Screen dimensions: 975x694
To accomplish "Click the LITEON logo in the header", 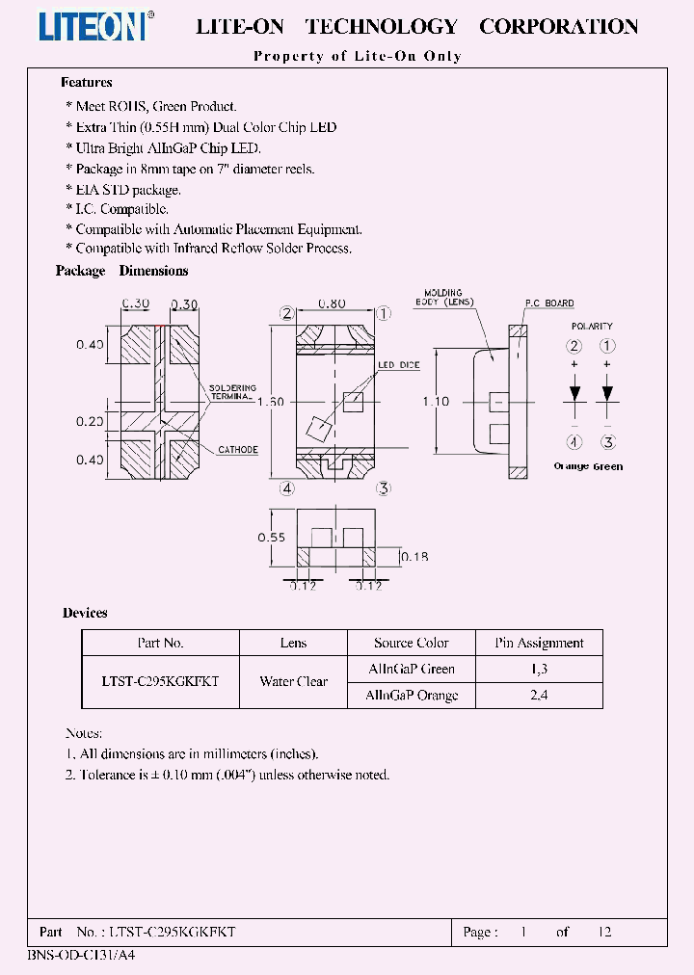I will point(94,25).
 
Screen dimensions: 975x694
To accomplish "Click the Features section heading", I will point(87,83).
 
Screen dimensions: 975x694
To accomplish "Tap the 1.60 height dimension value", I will point(270,402).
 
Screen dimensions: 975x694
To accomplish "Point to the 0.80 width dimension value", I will point(332,304).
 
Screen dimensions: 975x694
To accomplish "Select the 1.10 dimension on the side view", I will point(436,401).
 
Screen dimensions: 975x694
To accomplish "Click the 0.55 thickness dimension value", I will point(271,538).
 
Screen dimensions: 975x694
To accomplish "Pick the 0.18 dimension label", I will point(414,556).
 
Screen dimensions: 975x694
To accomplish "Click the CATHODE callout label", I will point(237,450).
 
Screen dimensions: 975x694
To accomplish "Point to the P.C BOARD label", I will point(549,303).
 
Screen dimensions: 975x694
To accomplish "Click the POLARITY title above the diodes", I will point(591,327).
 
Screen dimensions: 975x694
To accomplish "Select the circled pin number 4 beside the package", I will point(287,487).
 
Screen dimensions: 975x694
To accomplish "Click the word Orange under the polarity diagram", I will point(571,466).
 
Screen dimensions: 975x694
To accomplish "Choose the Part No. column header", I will point(160,643).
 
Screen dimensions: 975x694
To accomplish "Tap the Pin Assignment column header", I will point(539,643).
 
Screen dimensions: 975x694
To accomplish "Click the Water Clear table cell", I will point(293,681).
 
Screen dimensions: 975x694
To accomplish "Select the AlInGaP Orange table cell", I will point(412,695).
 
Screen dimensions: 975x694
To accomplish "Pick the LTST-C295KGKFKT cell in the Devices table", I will point(160,681).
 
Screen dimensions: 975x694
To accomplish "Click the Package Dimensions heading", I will point(121,271).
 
